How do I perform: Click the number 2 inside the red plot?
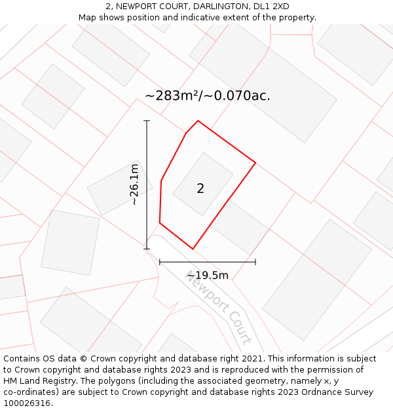(200, 189)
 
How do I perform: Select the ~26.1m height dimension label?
(134, 184)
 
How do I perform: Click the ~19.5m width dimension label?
(208, 276)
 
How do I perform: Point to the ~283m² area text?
(172, 96)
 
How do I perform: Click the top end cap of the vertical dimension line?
(147, 121)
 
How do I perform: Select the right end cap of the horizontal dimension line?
(255, 262)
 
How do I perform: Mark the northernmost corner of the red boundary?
(198, 121)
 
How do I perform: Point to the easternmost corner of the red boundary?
(255, 162)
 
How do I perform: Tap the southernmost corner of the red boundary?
(193, 249)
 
